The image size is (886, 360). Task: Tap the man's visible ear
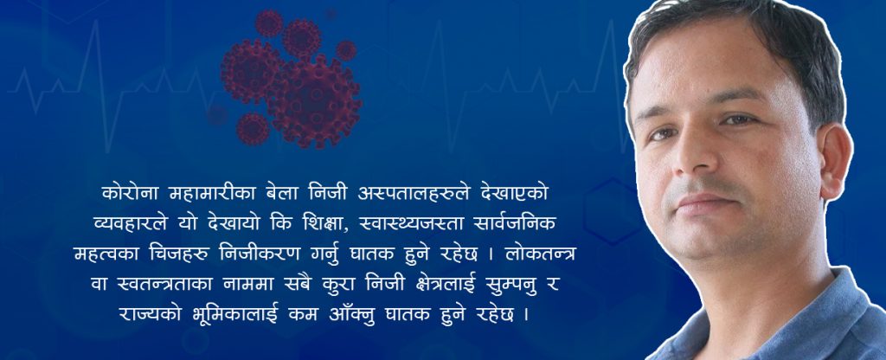pyautogui.click(x=835, y=161)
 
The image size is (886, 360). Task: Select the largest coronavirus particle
pyautogui.click(x=314, y=102)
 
